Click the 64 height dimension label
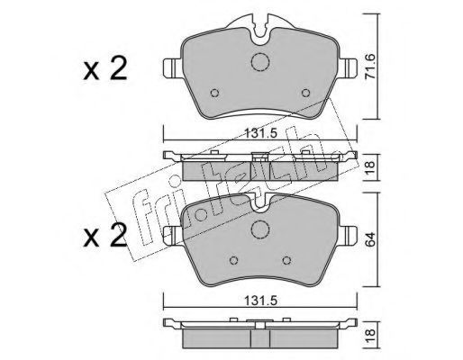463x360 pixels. click(x=370, y=239)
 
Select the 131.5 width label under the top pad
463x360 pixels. click(x=260, y=133)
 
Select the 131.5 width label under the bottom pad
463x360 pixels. click(x=260, y=301)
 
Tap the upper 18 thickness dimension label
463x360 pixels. click(x=370, y=168)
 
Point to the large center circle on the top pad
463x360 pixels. click(x=260, y=62)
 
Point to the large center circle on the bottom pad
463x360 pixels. click(x=260, y=229)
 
